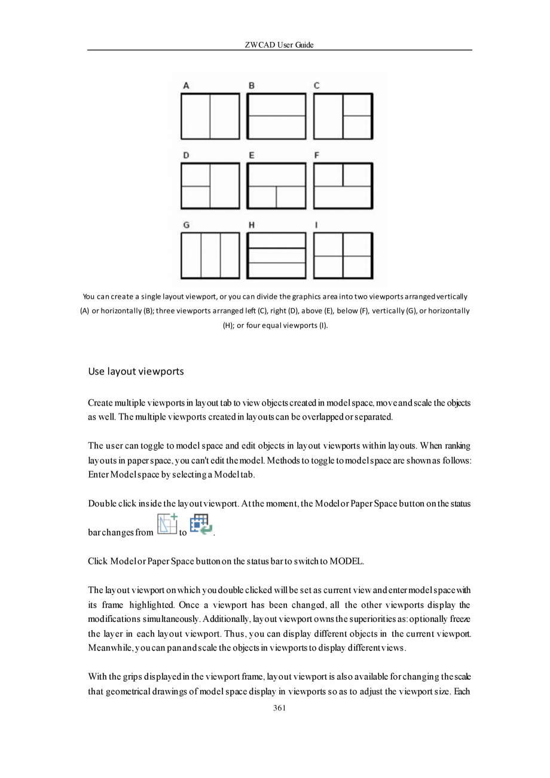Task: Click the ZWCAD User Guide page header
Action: coord(279,45)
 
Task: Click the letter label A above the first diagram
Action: coord(187,86)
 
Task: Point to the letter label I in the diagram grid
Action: coord(316,225)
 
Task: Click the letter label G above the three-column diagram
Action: coord(187,225)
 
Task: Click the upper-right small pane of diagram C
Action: coord(357,105)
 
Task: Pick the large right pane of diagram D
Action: coord(224,186)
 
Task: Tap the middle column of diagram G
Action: coord(210,256)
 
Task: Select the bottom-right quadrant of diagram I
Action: coord(357,266)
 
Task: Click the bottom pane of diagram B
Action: coord(276,127)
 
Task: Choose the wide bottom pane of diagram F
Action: coord(343,197)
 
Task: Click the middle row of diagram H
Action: coord(276,256)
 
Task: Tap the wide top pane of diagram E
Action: coord(276,175)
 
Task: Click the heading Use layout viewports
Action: coord(136,372)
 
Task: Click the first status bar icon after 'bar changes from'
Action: coord(167,525)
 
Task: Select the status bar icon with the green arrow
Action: coord(201,525)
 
